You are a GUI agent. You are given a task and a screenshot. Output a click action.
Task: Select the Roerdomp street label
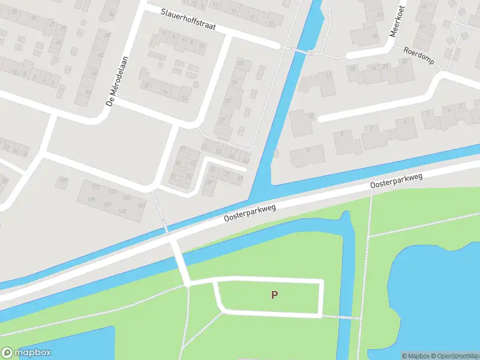tap(419, 55)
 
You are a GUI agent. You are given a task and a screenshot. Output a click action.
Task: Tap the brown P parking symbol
tap(274, 295)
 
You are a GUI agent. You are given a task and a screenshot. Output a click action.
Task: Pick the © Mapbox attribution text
tap(413, 356)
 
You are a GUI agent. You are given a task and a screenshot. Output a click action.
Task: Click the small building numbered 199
tap(63, 179)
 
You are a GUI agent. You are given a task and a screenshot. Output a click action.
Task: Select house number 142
tap(122, 211)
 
